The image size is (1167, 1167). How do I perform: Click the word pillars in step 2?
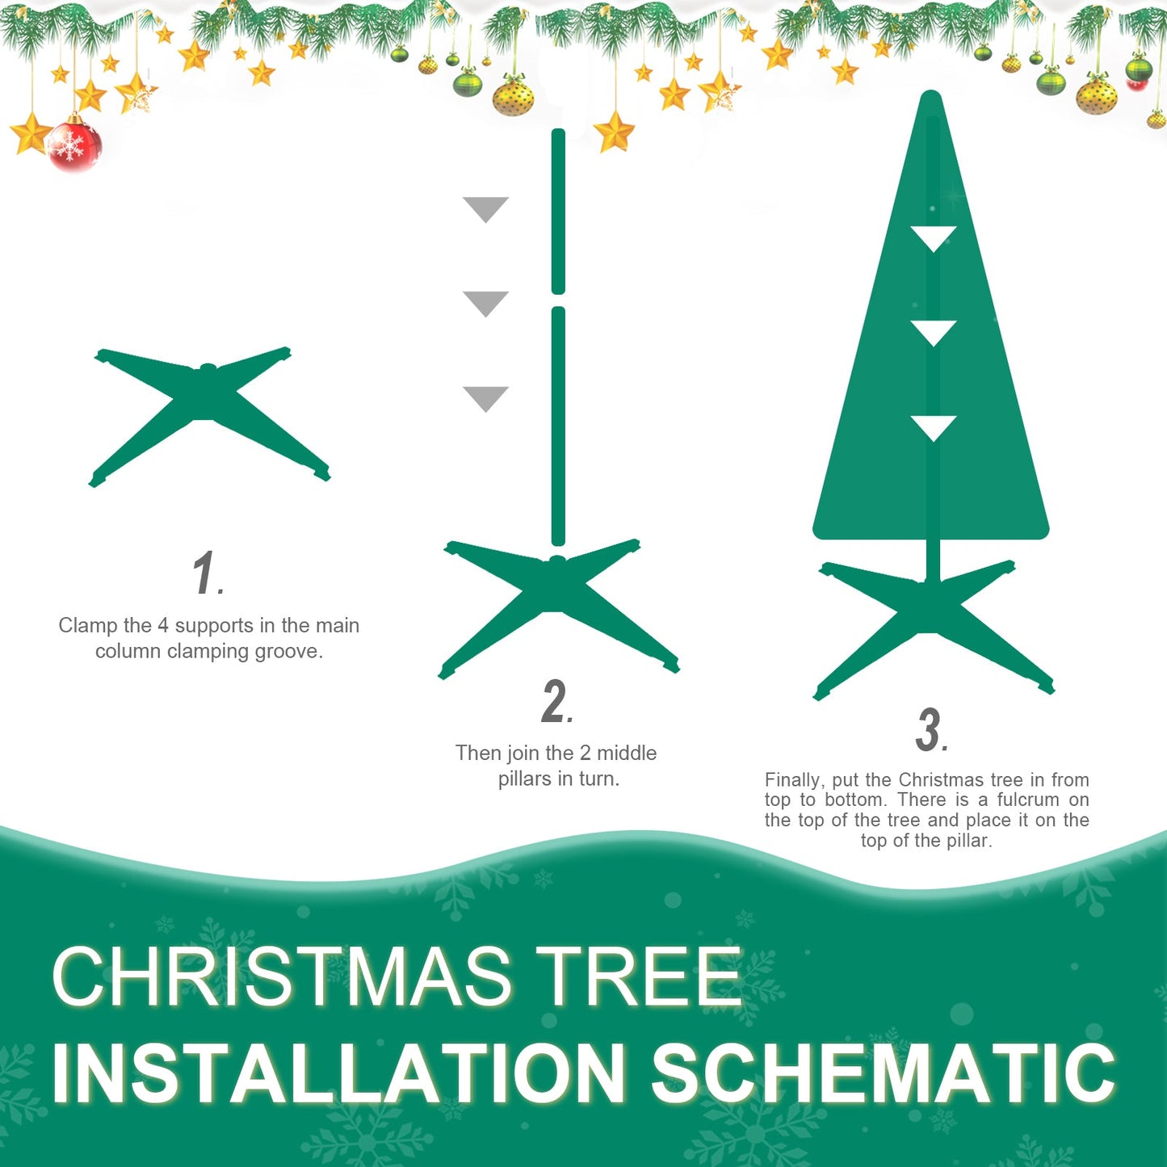pos(524,779)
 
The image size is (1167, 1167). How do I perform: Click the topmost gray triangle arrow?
pos(485,208)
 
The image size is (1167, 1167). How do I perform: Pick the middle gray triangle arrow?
pos(485,302)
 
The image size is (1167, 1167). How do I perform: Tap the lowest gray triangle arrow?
pos(485,397)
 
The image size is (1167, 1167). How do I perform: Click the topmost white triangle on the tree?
pos(933,237)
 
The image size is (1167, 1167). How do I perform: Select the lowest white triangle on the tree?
pos(933,426)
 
